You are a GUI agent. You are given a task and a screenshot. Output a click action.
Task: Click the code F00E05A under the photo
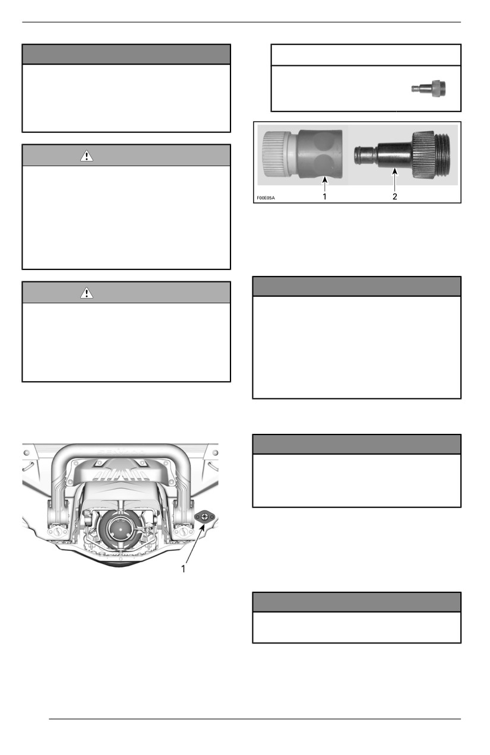(265, 198)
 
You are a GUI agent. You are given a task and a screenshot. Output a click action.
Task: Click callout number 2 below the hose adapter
(394, 196)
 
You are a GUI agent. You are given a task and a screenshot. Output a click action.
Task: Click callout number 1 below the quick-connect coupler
(324, 196)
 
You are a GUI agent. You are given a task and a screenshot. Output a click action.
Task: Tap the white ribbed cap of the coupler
(276, 154)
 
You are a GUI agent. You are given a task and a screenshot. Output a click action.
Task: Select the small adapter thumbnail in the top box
(428, 88)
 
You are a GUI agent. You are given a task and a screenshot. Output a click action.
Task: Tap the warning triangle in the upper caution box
(87, 156)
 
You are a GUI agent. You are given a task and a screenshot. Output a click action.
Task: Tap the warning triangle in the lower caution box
(87, 293)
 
